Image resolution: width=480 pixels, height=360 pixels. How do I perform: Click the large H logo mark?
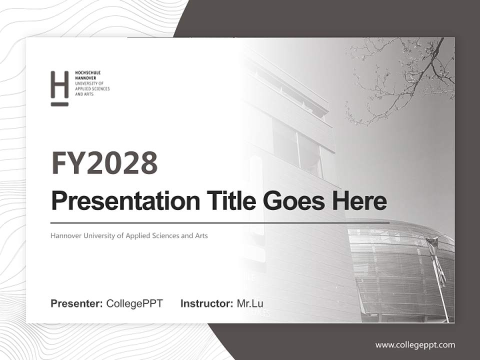tap(59, 84)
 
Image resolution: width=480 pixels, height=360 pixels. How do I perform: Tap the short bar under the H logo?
tap(59, 104)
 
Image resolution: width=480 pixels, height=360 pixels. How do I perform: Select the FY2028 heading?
tap(104, 163)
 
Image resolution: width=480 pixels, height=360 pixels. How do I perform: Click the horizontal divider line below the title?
tap(220, 222)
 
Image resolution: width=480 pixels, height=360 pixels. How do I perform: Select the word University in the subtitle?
tap(102, 235)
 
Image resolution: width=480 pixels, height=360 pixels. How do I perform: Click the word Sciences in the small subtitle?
tap(164, 235)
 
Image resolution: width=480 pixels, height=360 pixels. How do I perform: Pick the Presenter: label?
tap(77, 303)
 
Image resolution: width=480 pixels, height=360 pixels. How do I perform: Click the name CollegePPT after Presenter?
tap(134, 303)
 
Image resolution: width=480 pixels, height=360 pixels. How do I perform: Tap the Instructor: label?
tap(206, 303)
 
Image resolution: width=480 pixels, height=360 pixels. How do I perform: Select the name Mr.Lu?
tap(250, 303)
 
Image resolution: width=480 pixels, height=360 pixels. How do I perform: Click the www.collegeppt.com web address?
tap(415, 344)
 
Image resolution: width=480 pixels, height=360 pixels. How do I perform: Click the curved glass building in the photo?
tap(400, 270)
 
